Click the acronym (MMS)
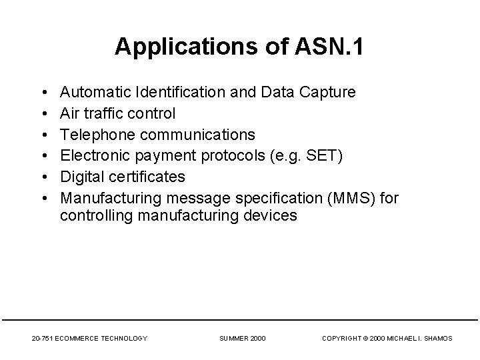(373, 198)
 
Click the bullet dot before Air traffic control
(43, 114)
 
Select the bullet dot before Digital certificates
(43, 177)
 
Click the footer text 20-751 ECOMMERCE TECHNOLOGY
(89, 339)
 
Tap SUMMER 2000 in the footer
(243, 339)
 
